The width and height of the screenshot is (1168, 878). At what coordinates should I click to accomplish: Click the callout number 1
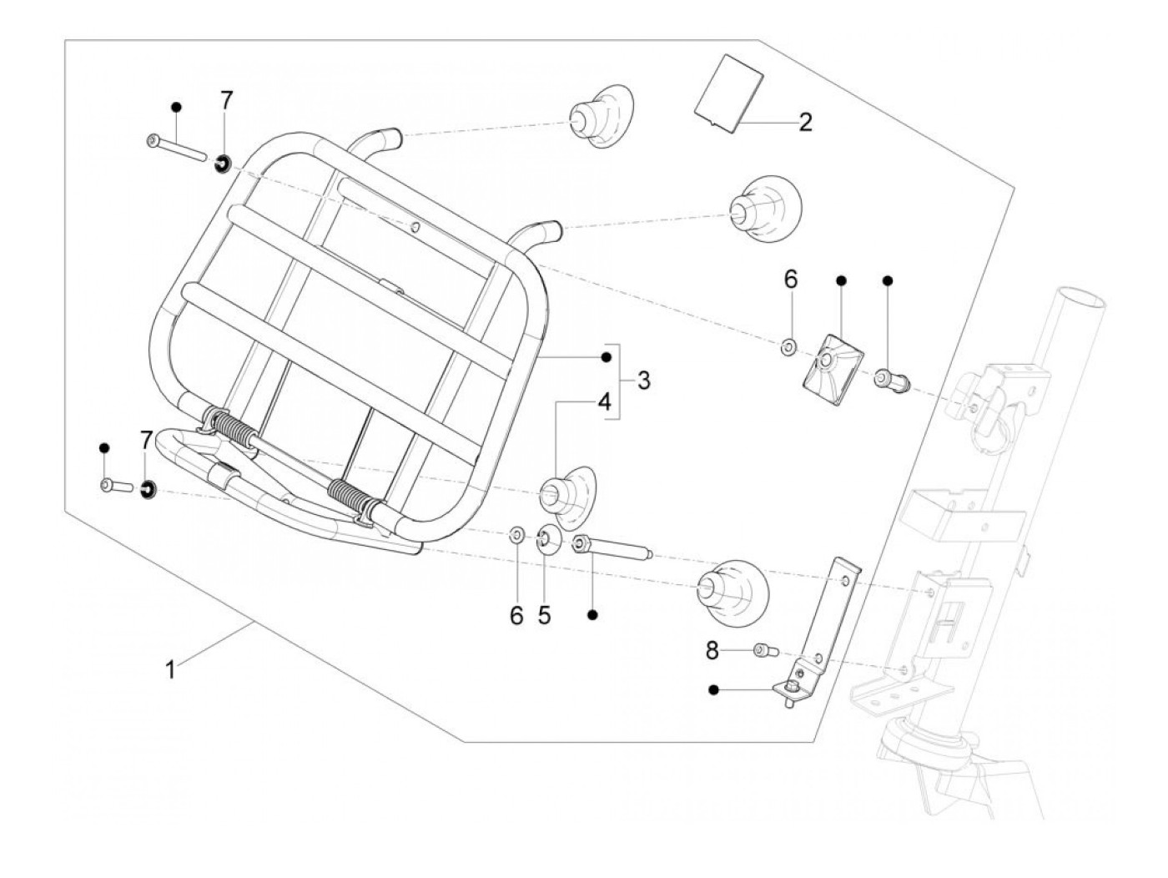click(170, 670)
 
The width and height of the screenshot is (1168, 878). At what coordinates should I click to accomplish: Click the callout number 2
click(806, 123)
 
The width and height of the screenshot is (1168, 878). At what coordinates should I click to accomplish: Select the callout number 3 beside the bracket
click(643, 381)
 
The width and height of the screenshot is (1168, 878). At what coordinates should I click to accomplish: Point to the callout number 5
click(544, 615)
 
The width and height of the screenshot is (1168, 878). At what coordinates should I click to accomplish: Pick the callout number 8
click(712, 650)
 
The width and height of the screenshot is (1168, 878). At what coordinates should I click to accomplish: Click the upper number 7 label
click(227, 100)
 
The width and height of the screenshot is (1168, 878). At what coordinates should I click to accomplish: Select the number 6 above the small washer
click(791, 279)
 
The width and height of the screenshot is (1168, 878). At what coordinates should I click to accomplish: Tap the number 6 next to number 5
click(516, 615)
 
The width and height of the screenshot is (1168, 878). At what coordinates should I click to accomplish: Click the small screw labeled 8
click(766, 649)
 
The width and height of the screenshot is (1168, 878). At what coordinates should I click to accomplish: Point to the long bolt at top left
click(175, 149)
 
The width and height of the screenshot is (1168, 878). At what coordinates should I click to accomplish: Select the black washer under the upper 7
click(223, 164)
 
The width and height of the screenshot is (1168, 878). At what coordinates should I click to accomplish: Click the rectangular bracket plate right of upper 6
click(833, 371)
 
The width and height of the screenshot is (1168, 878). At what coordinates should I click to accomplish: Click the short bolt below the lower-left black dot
click(116, 485)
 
